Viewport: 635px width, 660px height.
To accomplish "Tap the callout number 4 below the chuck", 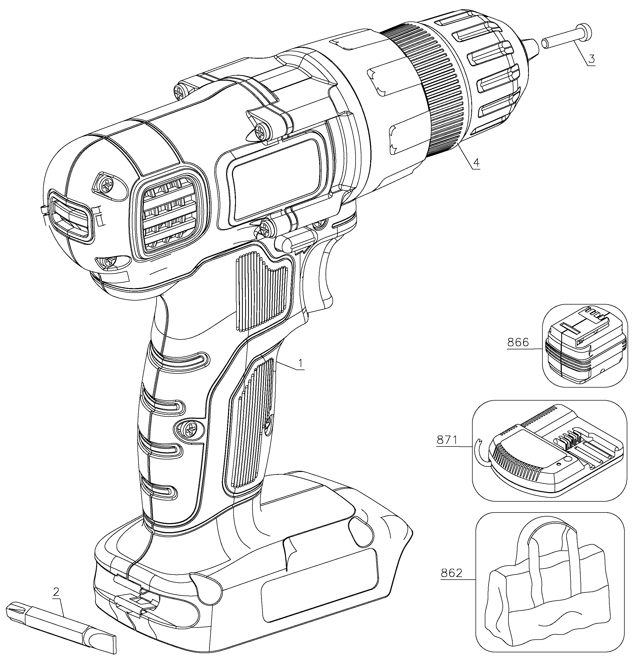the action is point(476,163).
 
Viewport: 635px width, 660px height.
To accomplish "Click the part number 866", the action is point(518,342).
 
